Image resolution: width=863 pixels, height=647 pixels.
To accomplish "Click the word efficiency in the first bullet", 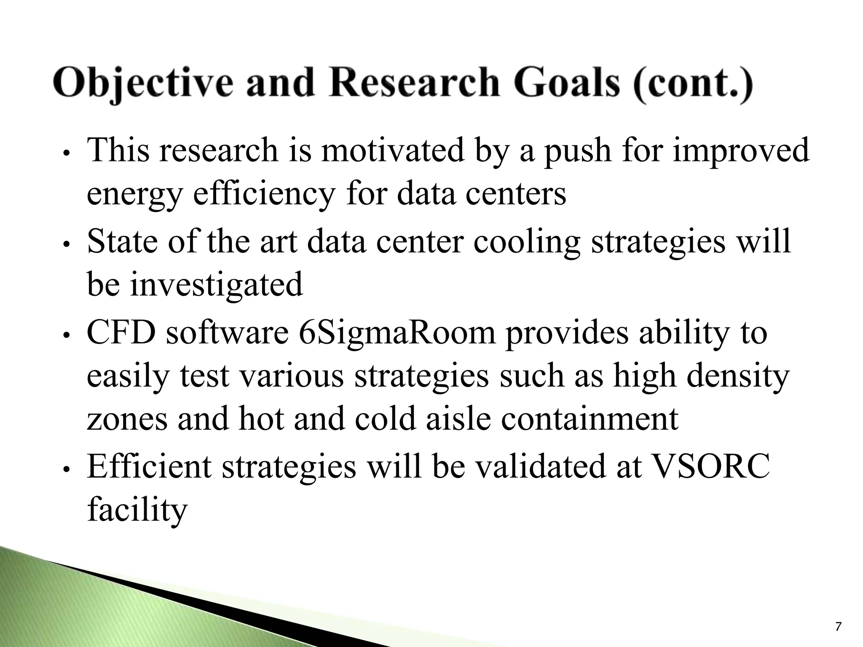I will pos(264,195).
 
